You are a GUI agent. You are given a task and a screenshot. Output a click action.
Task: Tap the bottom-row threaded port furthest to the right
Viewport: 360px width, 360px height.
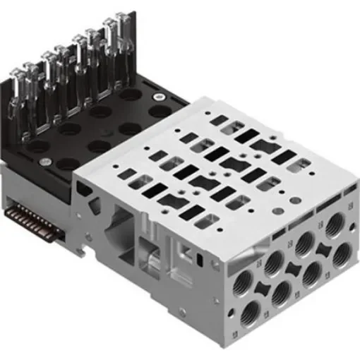pos(340,253)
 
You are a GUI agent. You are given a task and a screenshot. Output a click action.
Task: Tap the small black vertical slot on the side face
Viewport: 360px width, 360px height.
pos(200,260)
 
